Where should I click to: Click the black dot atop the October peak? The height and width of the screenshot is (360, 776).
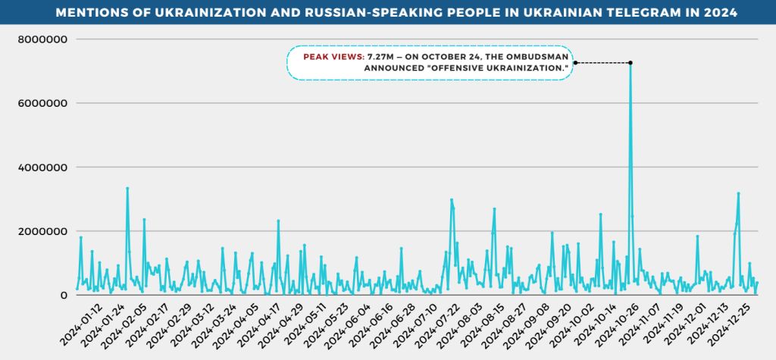(630, 63)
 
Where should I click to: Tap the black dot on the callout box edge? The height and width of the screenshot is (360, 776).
(575, 63)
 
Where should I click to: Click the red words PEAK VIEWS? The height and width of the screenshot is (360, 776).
(333, 57)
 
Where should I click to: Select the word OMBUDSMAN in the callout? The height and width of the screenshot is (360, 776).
(536, 57)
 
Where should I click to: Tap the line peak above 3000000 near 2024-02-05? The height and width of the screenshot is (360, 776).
(127, 188)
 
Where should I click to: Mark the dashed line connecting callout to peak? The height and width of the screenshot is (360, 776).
(602, 63)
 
